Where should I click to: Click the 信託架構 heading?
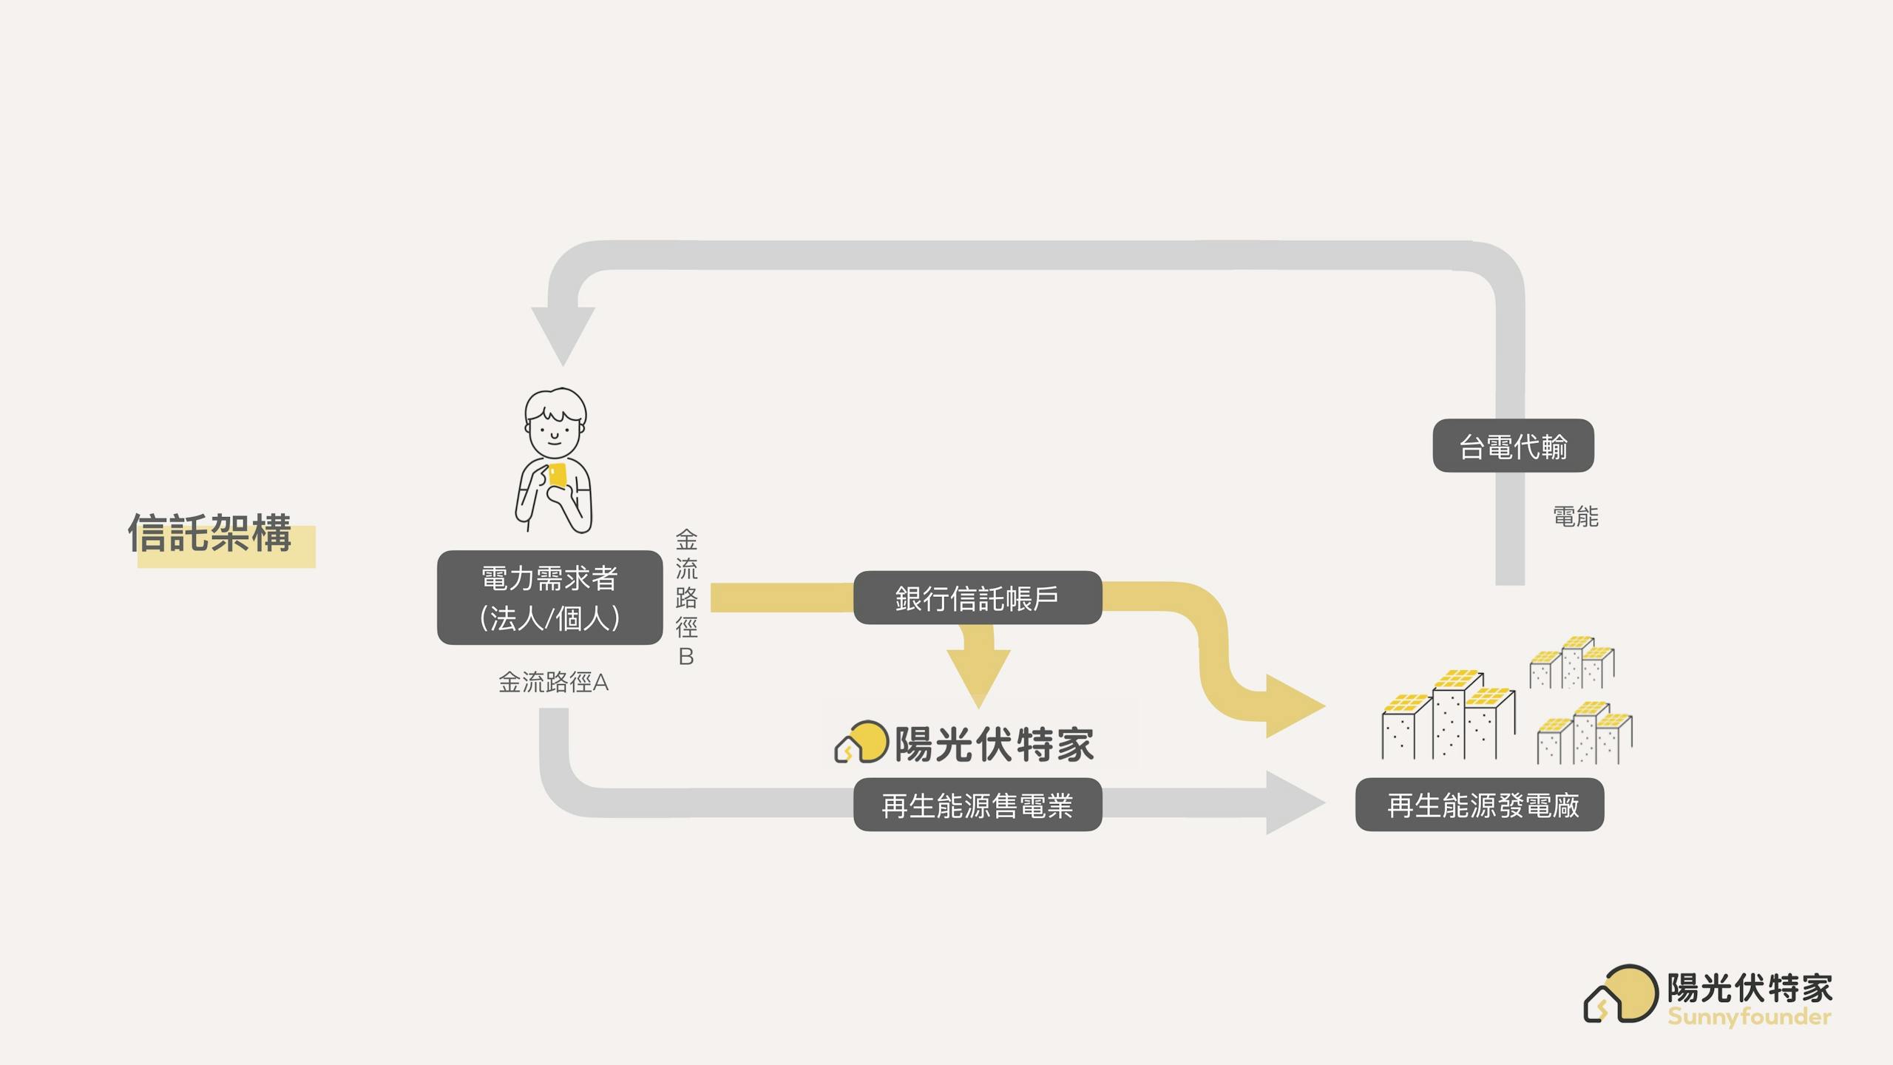(210, 532)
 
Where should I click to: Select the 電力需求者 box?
(549, 598)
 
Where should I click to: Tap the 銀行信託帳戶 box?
(977, 598)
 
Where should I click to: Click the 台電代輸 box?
(1513, 446)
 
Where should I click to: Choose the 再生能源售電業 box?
(977, 805)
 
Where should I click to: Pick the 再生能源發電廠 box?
(1480, 805)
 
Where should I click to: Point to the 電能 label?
(1575, 516)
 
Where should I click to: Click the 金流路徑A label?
(553, 682)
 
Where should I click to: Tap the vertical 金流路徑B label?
(686, 597)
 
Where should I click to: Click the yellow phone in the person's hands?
(558, 476)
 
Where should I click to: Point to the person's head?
(555, 422)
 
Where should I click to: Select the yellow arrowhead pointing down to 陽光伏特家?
(978, 674)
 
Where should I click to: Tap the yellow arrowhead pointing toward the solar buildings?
(1292, 706)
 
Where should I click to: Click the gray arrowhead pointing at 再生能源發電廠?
(1293, 802)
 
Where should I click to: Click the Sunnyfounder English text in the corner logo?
(1749, 1016)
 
